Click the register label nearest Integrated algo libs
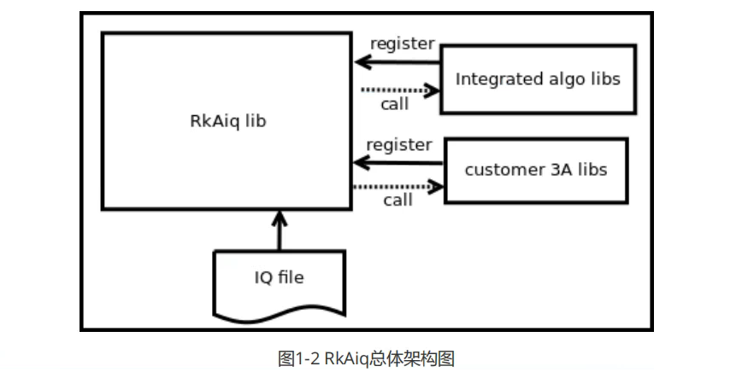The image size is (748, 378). click(x=401, y=43)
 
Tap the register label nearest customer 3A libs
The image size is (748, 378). click(x=399, y=144)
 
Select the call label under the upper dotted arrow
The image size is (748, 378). click(x=394, y=104)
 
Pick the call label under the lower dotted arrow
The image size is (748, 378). click(x=398, y=200)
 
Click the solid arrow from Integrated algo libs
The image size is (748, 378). click(x=398, y=61)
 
